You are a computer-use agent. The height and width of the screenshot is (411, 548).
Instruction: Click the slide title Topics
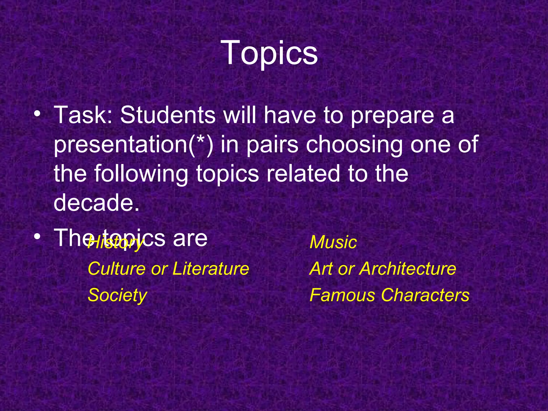271,53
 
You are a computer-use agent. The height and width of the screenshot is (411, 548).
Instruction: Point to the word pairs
272,145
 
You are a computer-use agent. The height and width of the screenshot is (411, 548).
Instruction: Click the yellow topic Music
333,242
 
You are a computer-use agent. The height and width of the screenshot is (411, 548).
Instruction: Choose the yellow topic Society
117,295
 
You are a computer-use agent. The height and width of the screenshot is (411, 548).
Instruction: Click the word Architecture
407,269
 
